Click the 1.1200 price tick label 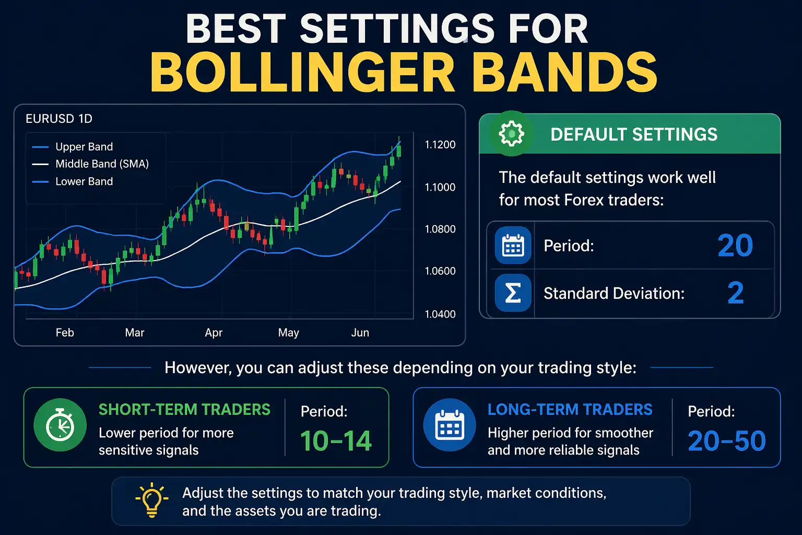440,145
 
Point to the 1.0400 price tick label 440,314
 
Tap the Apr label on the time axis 214,333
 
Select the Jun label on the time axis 360,333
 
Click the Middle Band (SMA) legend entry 102,164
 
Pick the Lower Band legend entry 84,182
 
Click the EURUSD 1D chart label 59,119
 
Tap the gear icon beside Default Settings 511,134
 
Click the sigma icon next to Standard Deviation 513,293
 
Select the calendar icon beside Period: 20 513,245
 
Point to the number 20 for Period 735,246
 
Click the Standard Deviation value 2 735,293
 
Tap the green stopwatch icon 60,425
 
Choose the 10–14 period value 336,441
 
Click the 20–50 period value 726,441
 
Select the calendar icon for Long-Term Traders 449,425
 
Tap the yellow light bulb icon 151,499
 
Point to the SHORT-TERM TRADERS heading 184,410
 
